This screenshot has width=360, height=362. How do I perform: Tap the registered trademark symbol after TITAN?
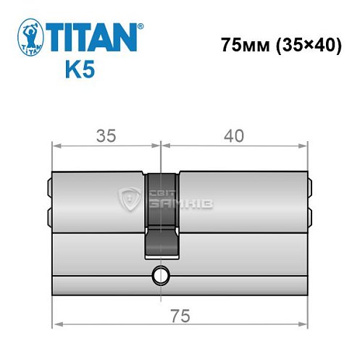coord(141,25)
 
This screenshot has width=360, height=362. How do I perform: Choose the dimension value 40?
coord(234,135)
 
